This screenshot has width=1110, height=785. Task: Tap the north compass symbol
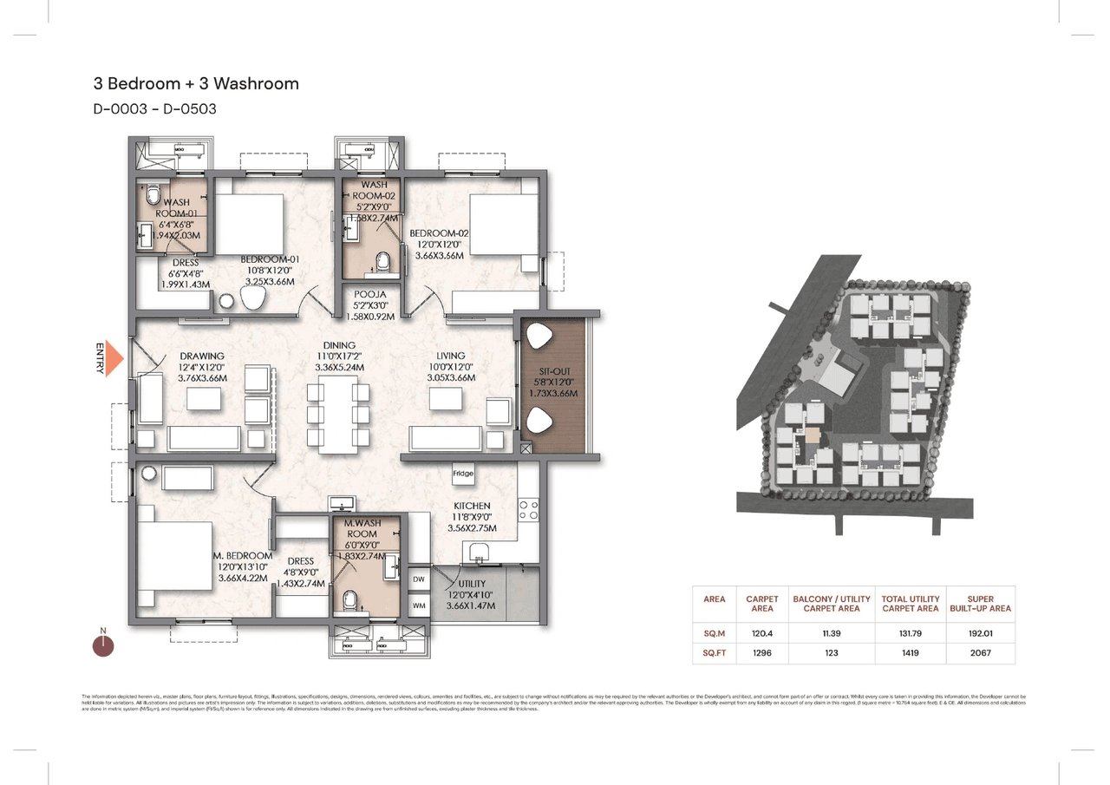103,644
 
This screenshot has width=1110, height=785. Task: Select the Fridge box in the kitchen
462,474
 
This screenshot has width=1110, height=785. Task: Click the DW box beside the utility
418,579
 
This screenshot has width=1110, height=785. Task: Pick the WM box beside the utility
418,605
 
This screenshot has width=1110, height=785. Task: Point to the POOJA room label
370,294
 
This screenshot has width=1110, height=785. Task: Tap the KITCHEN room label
471,506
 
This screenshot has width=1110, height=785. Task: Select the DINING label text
339,345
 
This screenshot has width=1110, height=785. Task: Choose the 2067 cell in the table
980,652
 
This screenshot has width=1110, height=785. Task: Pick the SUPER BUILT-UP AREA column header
980,604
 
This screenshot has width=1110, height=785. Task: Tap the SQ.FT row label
715,652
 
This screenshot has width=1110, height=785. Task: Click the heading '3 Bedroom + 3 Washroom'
196,84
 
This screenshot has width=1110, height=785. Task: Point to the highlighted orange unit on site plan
813,435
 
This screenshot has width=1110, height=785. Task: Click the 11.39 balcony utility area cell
831,634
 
